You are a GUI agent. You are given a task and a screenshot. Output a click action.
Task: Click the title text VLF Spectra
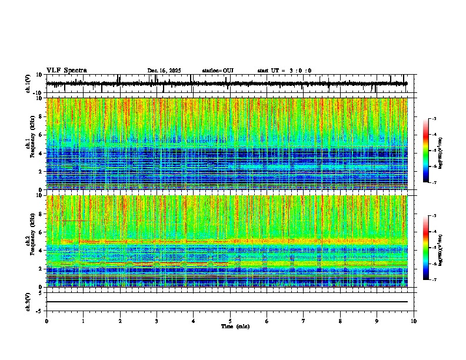pos(66,71)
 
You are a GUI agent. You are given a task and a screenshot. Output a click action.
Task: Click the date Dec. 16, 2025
pos(164,71)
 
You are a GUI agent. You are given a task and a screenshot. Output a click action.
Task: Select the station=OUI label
pos(218,71)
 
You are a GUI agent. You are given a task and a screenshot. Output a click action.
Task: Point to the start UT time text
pos(284,71)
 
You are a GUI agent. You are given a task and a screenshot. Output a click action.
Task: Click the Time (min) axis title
pos(235,326)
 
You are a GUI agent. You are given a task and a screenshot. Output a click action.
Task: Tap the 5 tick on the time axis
pos(230,321)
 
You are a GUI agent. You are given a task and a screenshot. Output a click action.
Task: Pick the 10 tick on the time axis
pos(414,321)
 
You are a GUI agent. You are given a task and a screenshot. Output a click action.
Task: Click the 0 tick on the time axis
pos(46,321)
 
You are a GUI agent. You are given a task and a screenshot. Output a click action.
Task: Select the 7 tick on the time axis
pos(304,321)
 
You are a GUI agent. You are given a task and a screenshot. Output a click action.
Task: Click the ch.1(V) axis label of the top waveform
pos(29,84)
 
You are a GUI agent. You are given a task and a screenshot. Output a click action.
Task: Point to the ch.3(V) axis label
pos(29,301)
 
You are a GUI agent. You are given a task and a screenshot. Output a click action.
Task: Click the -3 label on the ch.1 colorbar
pos(434,119)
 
